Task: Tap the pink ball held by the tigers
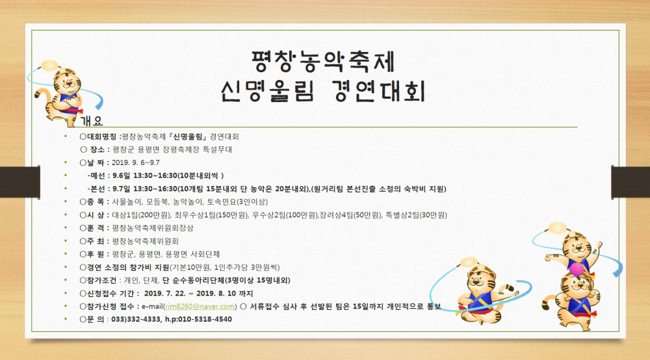coord(575,269)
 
